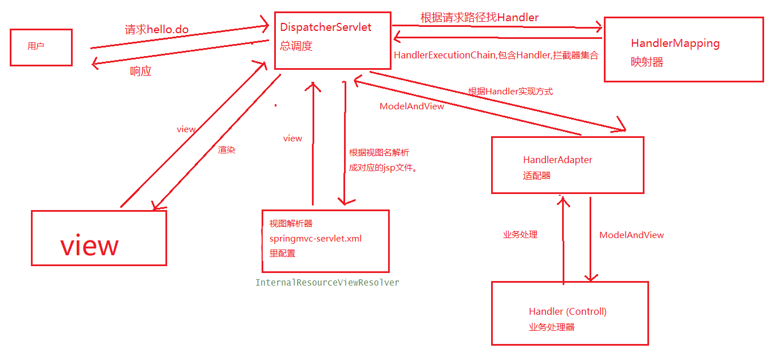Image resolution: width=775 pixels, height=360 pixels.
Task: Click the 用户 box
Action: pyautogui.click(x=41, y=47)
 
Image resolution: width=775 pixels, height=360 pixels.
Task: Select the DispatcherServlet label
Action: pyautogui.click(x=326, y=27)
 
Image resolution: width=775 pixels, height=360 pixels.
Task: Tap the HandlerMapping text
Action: pyautogui.click(x=675, y=43)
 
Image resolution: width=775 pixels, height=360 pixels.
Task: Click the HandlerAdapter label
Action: pyautogui.click(x=557, y=160)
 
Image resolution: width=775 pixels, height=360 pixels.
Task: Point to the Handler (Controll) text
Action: pyautogui.click(x=568, y=312)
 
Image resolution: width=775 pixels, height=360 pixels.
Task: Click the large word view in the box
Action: pyautogui.click(x=90, y=246)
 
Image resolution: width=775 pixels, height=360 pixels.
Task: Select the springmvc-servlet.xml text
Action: pyautogui.click(x=315, y=239)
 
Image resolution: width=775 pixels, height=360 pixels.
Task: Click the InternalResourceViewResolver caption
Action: pyautogui.click(x=327, y=283)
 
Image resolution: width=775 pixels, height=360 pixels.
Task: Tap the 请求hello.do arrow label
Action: pyautogui.click(x=157, y=30)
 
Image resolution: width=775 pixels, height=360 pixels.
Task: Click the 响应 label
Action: pyautogui.click(x=141, y=72)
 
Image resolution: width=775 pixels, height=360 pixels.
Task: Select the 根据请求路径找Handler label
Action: pyautogui.click(x=480, y=18)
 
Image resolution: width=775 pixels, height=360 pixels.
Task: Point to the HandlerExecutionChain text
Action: pyautogui.click(x=445, y=56)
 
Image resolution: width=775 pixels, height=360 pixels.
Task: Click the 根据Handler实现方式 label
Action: pyautogui.click(x=511, y=92)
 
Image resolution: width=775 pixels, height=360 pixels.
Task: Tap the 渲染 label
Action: pyautogui.click(x=227, y=150)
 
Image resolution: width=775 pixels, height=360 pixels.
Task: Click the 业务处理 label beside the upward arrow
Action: pyautogui.click(x=520, y=235)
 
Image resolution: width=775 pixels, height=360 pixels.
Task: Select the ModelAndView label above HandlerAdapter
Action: pyautogui.click(x=412, y=106)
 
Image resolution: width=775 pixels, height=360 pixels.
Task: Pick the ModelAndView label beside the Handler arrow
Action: pyautogui.click(x=631, y=235)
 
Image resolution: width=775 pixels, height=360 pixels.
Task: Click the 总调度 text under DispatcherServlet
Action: pyautogui.click(x=296, y=46)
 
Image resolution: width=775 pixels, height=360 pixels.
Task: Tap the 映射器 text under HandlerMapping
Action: pyautogui.click(x=647, y=62)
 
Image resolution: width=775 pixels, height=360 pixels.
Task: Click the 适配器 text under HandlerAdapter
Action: pyautogui.click(x=537, y=176)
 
